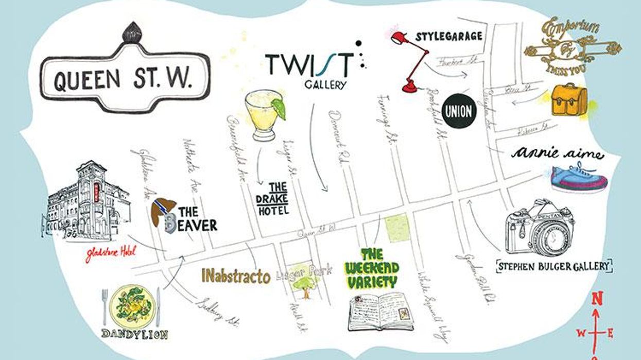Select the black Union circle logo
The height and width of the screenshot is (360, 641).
coord(458,111)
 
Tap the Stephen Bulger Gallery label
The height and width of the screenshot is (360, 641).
coord(553,266)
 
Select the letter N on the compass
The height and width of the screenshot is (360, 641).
coord(597,298)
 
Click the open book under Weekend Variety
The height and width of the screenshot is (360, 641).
coord(380,312)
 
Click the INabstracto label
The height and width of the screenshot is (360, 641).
coord(236,276)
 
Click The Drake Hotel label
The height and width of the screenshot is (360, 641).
coord(273,198)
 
